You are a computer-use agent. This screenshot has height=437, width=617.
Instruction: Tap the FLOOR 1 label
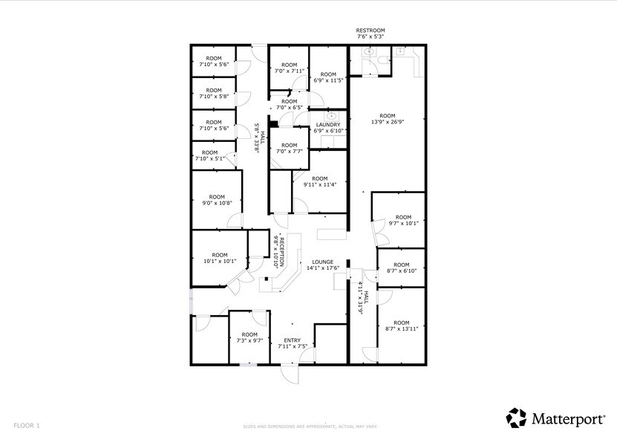coord(27,425)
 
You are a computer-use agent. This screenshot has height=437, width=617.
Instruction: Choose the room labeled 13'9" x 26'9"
coord(387,119)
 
